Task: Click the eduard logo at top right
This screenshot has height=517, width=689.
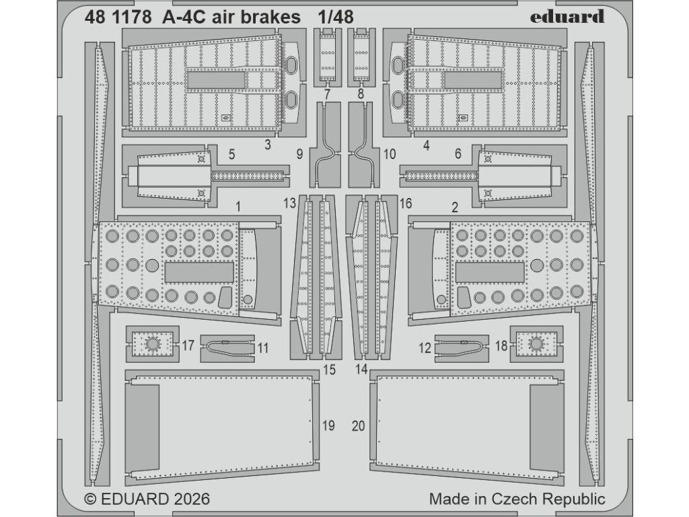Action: (x=567, y=17)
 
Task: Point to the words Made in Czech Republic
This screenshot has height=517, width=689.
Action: (x=517, y=499)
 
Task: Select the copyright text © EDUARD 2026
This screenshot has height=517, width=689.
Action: (x=147, y=499)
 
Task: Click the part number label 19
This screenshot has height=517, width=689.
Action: (x=328, y=425)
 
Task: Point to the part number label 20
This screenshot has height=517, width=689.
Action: (x=359, y=425)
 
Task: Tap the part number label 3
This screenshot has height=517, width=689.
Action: (x=268, y=144)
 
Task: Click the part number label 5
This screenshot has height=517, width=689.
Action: (x=231, y=154)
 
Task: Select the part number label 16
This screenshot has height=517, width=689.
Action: (x=405, y=202)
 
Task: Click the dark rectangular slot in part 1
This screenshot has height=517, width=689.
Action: (x=199, y=272)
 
